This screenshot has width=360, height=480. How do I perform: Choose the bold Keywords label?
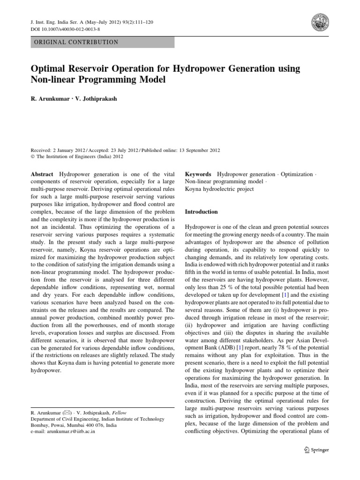pos(199,174)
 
